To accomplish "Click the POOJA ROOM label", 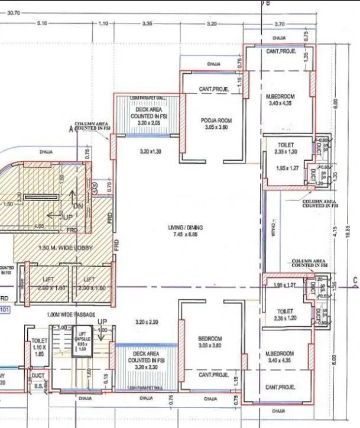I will pos(216,120).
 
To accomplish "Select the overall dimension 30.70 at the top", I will pos(14,12).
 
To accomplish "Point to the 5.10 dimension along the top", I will pos(41,23).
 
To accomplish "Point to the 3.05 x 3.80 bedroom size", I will pos(210,345).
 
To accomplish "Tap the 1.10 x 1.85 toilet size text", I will pos(40,349).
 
